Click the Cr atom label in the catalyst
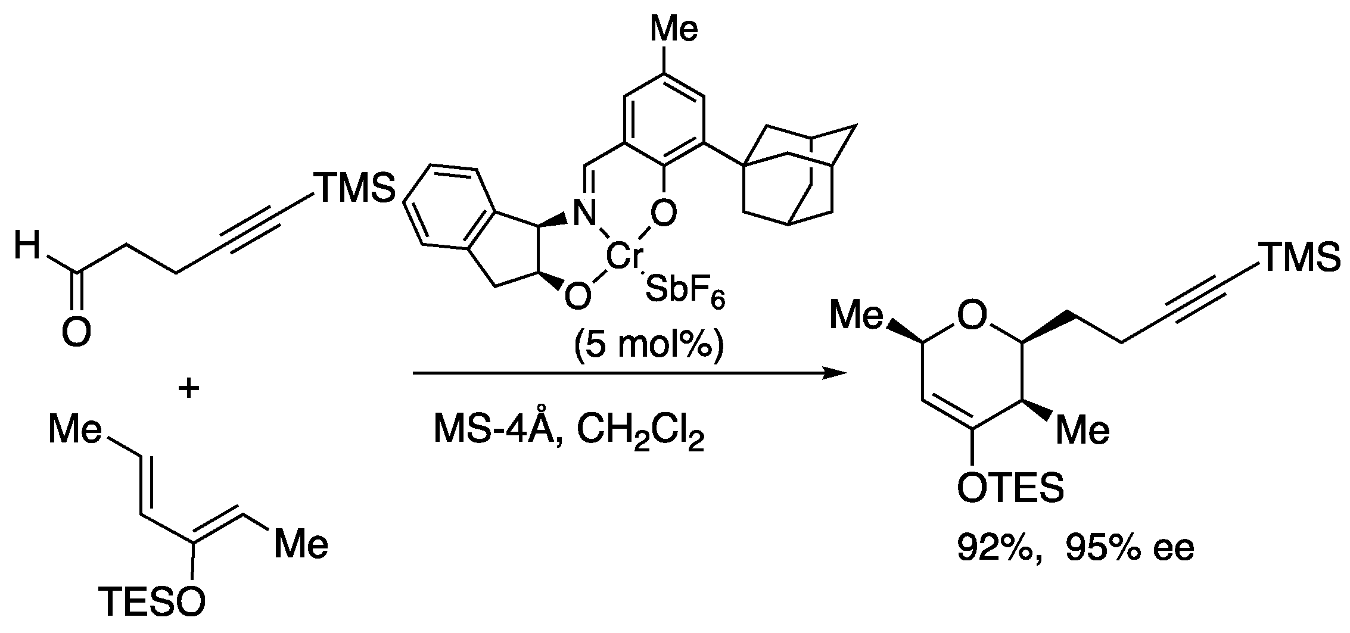624,257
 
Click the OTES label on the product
1010,488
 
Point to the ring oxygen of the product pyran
972,316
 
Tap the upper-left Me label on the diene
75,430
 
